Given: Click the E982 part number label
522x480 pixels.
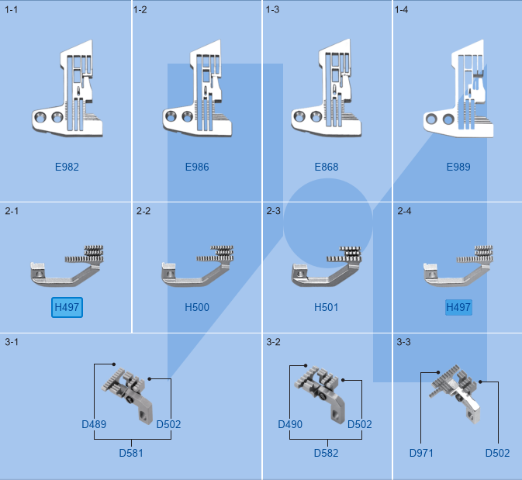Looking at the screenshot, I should pos(67,167).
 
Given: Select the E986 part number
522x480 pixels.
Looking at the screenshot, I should pos(197,167).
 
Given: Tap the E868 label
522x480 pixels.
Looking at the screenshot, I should pos(327,167).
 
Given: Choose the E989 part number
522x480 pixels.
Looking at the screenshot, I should pos(458,167).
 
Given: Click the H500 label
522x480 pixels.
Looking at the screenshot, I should pos(197,308).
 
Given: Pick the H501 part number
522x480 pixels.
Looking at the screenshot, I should pos(327,308).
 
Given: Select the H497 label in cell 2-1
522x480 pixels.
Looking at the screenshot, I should pos(67,308).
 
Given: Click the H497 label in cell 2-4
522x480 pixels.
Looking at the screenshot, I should pos(458,308).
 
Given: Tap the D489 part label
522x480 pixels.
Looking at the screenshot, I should pos(94,424).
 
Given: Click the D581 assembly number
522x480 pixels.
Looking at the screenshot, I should pos(131,453).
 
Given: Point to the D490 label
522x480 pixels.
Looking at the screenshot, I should pos(290,424).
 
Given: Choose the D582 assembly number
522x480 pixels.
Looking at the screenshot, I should pos(327,453).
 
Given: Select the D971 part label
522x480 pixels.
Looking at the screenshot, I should pos(422,453).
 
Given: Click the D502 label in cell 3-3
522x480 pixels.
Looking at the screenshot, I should pos(498,453).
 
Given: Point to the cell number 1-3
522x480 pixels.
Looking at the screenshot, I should pos(272,10).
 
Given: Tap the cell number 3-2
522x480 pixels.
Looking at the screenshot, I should pos(273,342).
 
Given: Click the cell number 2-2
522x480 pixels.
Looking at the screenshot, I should pos(143,211).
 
